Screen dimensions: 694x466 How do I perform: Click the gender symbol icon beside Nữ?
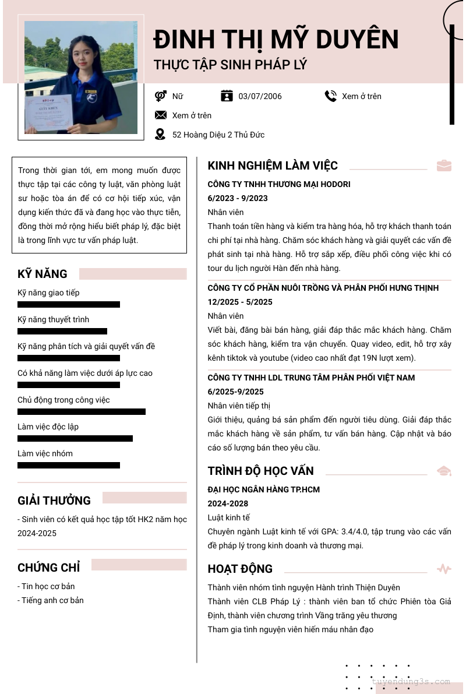click(x=161, y=96)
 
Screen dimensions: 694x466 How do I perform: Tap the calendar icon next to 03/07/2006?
click(x=227, y=96)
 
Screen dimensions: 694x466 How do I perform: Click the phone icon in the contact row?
click(x=331, y=96)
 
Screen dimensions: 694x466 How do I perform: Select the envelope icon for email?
click(x=160, y=115)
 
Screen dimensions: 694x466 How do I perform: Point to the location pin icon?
click(x=160, y=135)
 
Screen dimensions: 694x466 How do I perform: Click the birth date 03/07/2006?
click(x=260, y=96)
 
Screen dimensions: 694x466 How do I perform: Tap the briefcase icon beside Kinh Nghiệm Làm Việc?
click(x=444, y=165)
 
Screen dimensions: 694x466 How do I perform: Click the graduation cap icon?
click(x=444, y=471)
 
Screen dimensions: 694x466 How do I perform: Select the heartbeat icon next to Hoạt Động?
click(x=444, y=569)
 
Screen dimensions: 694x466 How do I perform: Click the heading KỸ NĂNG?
click(x=43, y=274)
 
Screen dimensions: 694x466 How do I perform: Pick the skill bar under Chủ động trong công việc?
click(x=82, y=412)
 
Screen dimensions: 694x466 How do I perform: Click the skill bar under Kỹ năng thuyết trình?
click(x=62, y=332)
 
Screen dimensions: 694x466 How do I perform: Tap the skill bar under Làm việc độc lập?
click(x=75, y=439)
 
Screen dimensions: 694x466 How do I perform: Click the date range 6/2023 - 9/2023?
click(x=238, y=198)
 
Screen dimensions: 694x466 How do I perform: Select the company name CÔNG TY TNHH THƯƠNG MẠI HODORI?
click(x=279, y=184)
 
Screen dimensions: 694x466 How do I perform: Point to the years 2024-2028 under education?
click(x=228, y=503)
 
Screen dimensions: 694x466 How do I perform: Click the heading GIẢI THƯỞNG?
click(x=54, y=501)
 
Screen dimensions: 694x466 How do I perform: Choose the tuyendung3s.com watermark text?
click(x=411, y=681)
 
